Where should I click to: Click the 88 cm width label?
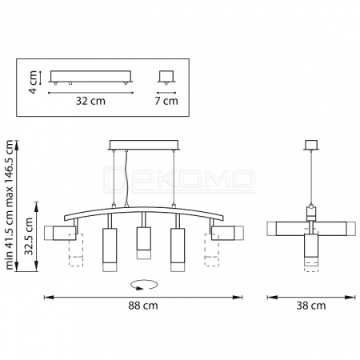click(x=143, y=306)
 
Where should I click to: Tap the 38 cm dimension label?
click(x=311, y=306)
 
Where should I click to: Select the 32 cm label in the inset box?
click(x=90, y=101)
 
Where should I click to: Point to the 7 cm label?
click(x=166, y=101)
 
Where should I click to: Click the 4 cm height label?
click(x=33, y=82)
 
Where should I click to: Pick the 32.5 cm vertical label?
click(x=29, y=236)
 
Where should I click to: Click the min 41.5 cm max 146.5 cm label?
click(x=9, y=205)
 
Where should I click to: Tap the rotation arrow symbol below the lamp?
click(x=144, y=285)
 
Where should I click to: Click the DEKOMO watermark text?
click(x=179, y=179)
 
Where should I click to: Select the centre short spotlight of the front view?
click(x=144, y=242)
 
